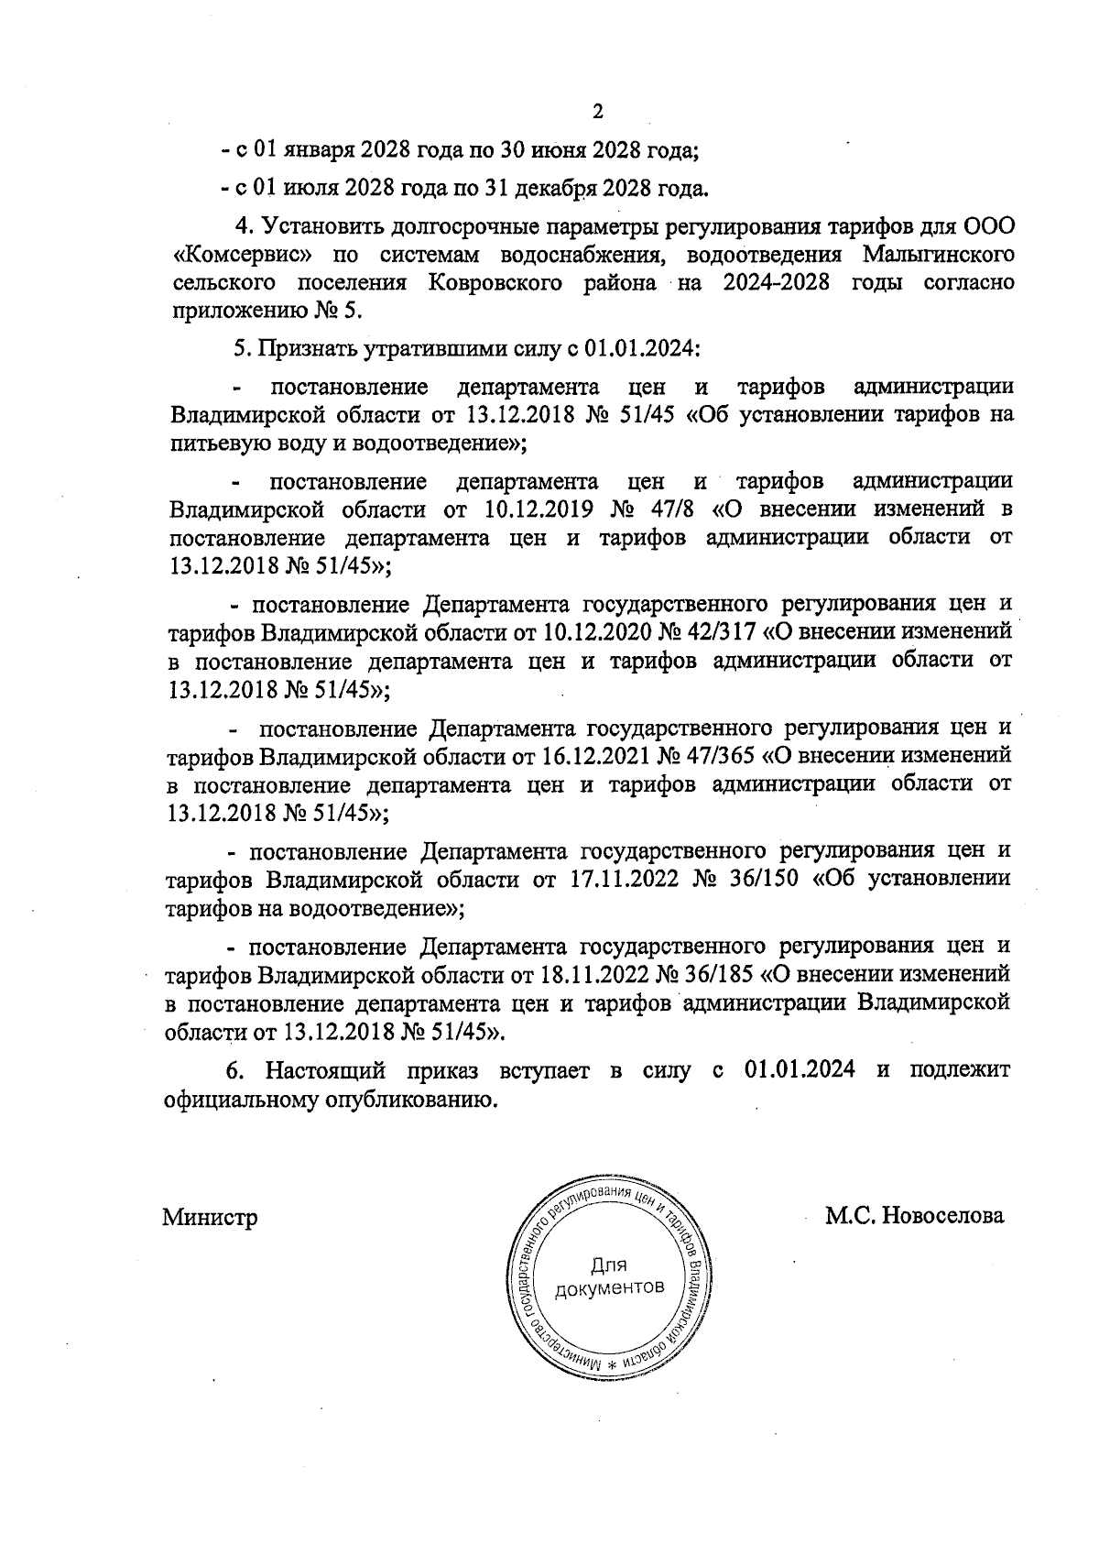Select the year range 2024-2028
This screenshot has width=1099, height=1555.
(x=777, y=282)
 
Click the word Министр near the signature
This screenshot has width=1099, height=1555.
(x=210, y=1218)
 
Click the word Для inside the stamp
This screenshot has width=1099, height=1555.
(x=608, y=1265)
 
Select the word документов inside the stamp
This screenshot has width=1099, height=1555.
(x=609, y=1287)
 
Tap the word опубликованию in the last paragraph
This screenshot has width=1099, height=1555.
(x=412, y=1100)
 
